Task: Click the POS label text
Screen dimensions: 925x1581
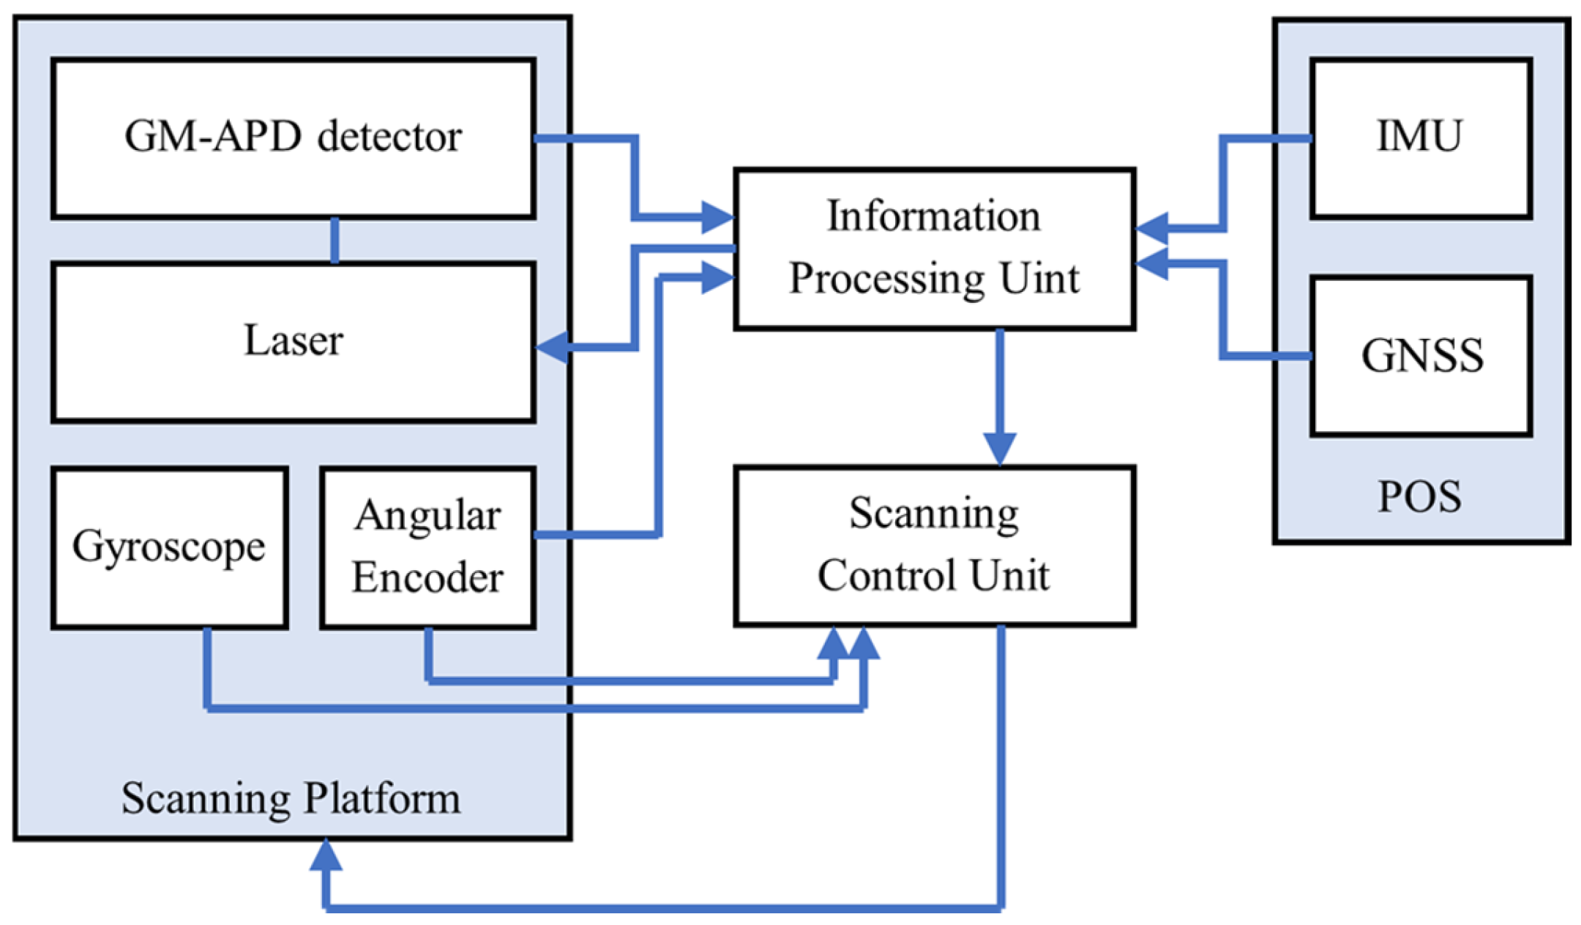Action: click(x=1419, y=496)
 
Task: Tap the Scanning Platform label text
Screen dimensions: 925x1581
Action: click(x=291, y=798)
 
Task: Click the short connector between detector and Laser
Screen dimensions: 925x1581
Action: click(x=335, y=240)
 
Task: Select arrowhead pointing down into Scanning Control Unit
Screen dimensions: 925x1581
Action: click(x=999, y=448)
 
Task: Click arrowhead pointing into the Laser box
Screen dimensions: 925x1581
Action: click(x=552, y=346)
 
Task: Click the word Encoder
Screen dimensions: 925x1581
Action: click(x=427, y=577)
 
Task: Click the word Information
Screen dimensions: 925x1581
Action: click(x=933, y=216)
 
